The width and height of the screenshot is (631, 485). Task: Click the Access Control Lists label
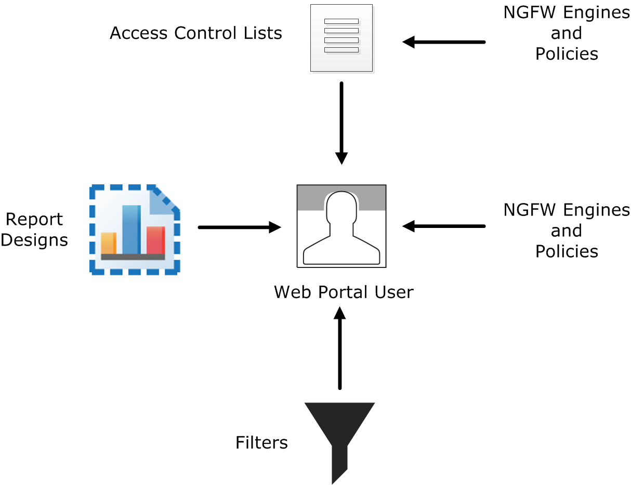click(196, 33)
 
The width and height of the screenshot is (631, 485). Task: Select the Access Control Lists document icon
click(341, 38)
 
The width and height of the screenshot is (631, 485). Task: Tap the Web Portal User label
click(344, 292)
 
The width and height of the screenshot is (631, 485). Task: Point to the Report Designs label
click(34, 230)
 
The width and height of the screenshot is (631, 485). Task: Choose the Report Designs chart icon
click(135, 230)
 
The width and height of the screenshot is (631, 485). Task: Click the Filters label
click(261, 442)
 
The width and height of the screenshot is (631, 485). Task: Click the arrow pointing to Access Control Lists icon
click(444, 42)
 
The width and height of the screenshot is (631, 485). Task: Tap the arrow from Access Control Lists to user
click(341, 123)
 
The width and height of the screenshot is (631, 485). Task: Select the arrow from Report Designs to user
click(239, 227)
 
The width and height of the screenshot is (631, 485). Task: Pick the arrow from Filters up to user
click(340, 348)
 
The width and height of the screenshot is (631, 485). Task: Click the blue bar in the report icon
click(132, 230)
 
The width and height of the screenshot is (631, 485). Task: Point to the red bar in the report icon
click(155, 240)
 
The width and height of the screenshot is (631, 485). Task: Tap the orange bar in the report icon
click(108, 243)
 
